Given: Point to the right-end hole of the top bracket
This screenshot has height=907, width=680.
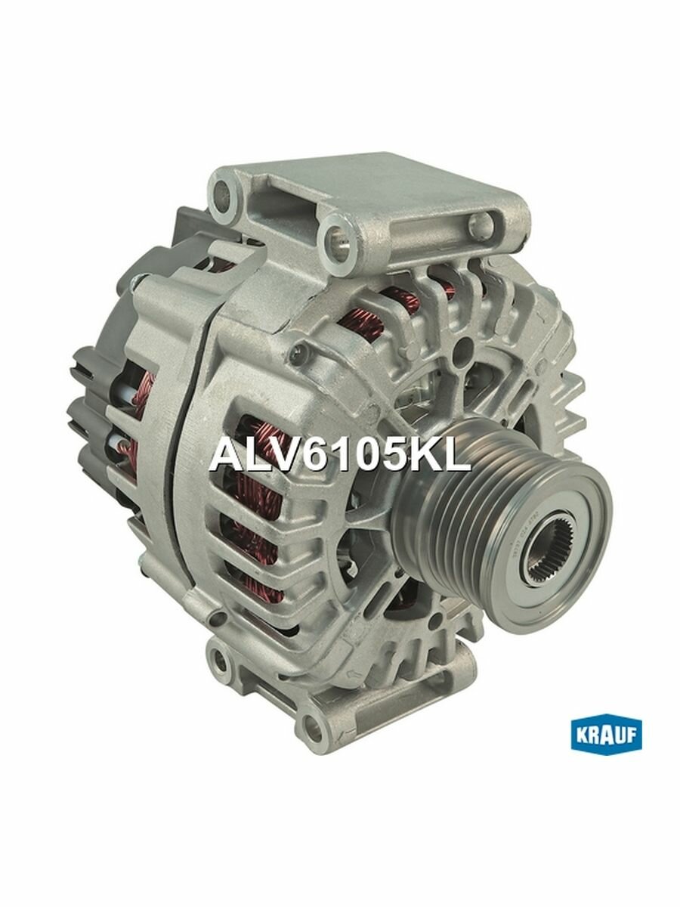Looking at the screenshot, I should click(x=477, y=224).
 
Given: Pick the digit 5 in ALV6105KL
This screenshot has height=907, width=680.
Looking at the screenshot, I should click(x=373, y=456).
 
